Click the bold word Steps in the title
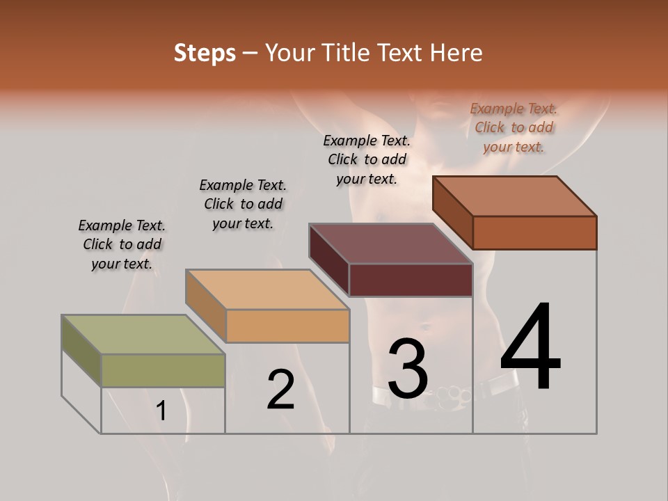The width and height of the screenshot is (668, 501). (x=205, y=53)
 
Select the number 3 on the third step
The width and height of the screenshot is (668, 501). (x=408, y=369)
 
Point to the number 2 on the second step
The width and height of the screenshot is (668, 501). (x=280, y=390)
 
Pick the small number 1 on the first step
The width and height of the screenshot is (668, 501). (x=161, y=411)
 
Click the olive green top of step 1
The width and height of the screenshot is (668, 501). (x=143, y=334)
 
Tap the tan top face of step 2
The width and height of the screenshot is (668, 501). (x=267, y=289)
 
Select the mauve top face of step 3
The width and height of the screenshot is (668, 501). (x=391, y=244)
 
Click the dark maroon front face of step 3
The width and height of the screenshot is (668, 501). (x=411, y=280)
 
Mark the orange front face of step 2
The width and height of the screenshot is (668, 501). (x=287, y=326)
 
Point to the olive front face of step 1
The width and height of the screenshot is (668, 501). (x=163, y=370)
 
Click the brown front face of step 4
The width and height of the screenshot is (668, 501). (x=534, y=232)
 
